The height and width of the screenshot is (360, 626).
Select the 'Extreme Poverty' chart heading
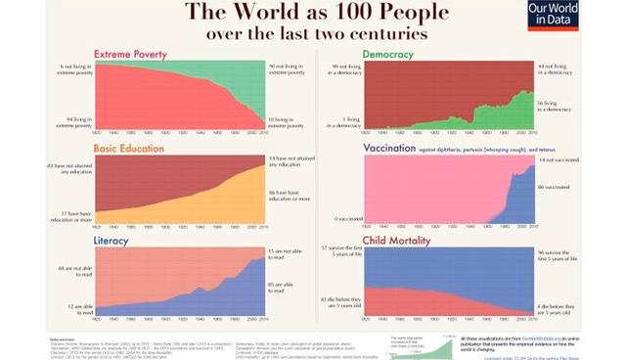coord(130,53)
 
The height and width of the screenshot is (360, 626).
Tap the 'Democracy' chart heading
coord(386,53)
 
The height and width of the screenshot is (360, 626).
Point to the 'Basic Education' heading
coord(129,149)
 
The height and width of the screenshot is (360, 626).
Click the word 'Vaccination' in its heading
coord(391,149)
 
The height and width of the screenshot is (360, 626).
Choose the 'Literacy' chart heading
coord(112,239)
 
